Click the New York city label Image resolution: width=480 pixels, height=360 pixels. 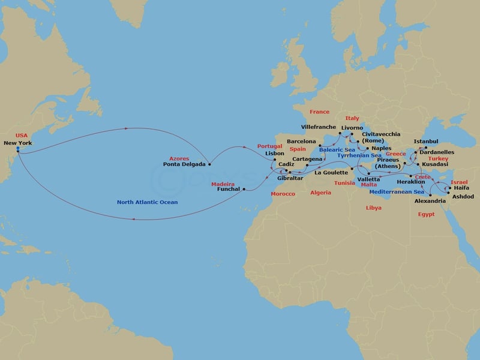[x=17, y=143]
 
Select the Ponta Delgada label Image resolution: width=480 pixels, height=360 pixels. [x=184, y=163]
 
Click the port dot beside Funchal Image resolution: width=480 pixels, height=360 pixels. [x=244, y=189]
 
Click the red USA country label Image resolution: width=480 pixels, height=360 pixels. [x=21, y=136]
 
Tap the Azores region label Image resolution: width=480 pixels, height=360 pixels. [x=179, y=157]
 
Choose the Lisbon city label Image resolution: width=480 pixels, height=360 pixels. [x=274, y=153]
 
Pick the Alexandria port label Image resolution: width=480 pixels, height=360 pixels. [x=431, y=201]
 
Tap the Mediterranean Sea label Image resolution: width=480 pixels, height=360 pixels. [x=397, y=192]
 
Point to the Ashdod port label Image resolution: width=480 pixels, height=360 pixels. [x=464, y=196]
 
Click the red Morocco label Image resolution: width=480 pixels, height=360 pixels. [x=283, y=194]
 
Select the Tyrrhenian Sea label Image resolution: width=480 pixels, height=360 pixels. [x=359, y=155]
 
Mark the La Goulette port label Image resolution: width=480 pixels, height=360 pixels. [x=331, y=173]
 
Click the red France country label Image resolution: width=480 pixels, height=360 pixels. [x=319, y=112]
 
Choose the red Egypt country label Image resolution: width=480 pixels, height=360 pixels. [x=427, y=214]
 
